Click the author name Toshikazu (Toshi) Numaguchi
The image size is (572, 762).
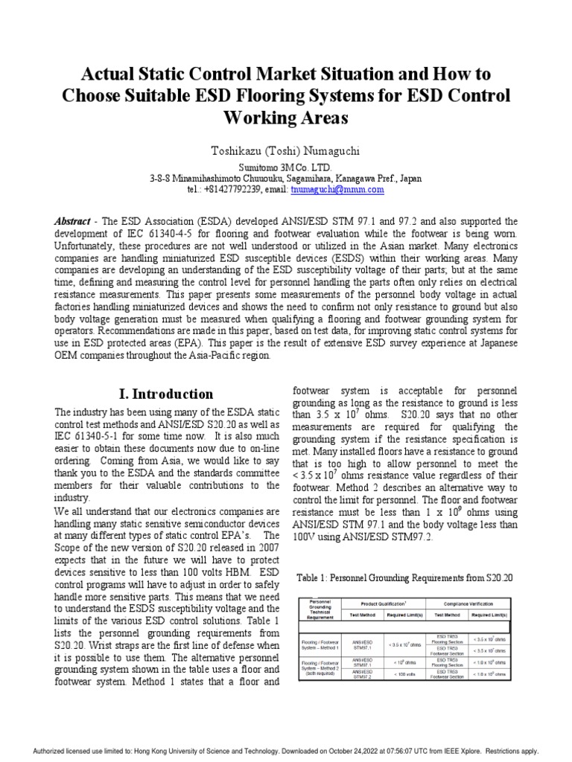click(286, 151)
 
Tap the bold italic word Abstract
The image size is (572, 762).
click(72, 222)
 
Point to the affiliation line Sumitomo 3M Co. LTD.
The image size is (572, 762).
click(286, 168)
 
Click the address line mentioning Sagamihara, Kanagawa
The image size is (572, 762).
click(286, 179)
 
